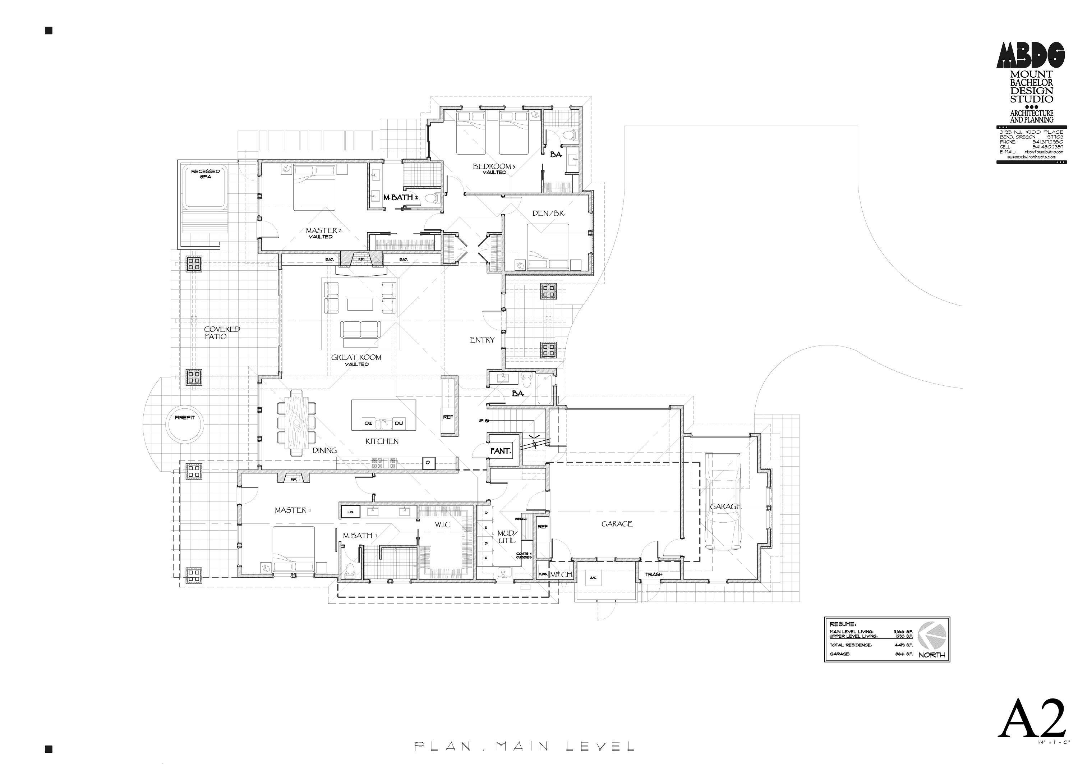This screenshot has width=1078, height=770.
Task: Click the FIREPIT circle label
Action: click(184, 418)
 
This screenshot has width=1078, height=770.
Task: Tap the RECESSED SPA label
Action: click(205, 174)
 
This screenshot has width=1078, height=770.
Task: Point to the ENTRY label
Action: click(482, 340)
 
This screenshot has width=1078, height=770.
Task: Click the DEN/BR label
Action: click(548, 214)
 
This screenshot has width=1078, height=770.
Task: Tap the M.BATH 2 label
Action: click(400, 197)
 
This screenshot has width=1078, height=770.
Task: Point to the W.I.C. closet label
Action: click(443, 525)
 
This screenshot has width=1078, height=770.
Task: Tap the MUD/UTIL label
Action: click(507, 537)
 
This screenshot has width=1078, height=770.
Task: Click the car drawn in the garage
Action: click(722, 501)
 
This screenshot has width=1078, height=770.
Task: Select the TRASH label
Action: click(653, 574)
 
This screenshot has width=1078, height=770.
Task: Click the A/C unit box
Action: click(593, 578)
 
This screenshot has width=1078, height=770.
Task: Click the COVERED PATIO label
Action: click(222, 333)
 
